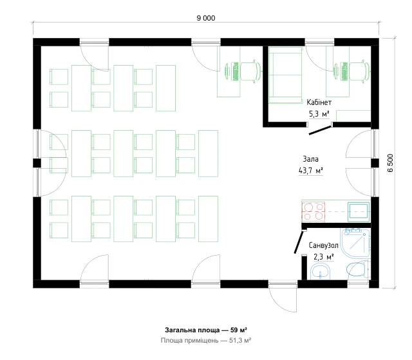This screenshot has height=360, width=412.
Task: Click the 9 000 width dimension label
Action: [x=206, y=18]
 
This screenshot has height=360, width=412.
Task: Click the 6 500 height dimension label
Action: [x=391, y=163]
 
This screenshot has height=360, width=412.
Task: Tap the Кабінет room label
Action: [x=319, y=102]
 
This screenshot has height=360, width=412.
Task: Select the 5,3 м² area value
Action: [x=319, y=114]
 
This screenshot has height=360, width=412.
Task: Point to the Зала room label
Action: [x=310, y=159]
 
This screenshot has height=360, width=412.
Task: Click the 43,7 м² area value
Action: [x=310, y=171]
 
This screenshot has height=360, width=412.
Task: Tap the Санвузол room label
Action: [x=323, y=245]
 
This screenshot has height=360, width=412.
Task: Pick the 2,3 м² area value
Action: [x=324, y=256]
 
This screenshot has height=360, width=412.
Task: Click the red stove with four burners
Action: [x=314, y=211]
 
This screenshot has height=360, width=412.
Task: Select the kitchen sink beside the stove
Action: [x=359, y=211]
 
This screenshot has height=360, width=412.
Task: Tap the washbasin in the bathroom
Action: [x=321, y=272]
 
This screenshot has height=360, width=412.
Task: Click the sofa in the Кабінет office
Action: [x=285, y=75]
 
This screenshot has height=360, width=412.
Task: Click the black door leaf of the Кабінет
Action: [x=320, y=130]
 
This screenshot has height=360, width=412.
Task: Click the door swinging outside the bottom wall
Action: [x=283, y=299]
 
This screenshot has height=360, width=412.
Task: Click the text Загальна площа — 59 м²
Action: [x=206, y=330]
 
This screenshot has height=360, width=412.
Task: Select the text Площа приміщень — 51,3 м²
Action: [x=206, y=341]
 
